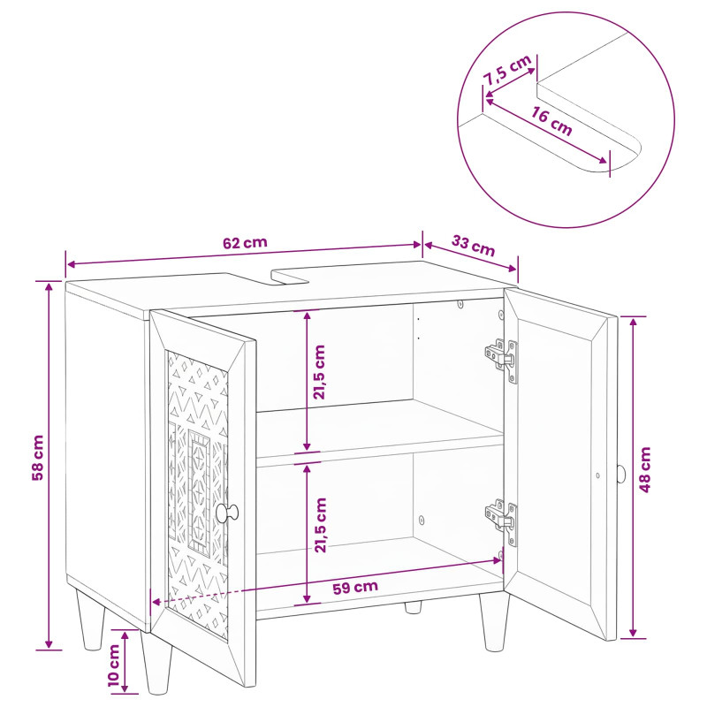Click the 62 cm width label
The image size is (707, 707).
[x=245, y=242]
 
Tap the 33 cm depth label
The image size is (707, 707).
[x=473, y=246]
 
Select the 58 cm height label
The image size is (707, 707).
[x=38, y=458]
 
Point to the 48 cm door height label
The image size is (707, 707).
[x=645, y=469]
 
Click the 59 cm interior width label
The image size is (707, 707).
[x=355, y=588]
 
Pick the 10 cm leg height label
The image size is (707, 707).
[x=114, y=665]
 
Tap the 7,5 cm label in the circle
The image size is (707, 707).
[x=507, y=70]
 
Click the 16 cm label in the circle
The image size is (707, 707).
[x=551, y=121]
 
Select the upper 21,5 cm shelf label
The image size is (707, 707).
[x=319, y=372]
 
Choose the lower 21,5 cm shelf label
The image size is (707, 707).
[x=320, y=525]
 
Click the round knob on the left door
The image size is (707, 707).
[x=227, y=513]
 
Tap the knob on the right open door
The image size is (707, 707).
[x=621, y=474]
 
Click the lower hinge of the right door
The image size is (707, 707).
[x=501, y=520]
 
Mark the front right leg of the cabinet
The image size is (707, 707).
[x=494, y=622]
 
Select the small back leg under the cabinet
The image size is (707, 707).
[x=413, y=607]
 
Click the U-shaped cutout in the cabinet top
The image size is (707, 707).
[x=290, y=277]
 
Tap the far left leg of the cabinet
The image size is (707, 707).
[x=90, y=620]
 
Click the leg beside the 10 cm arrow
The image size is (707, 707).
[x=156, y=662]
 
